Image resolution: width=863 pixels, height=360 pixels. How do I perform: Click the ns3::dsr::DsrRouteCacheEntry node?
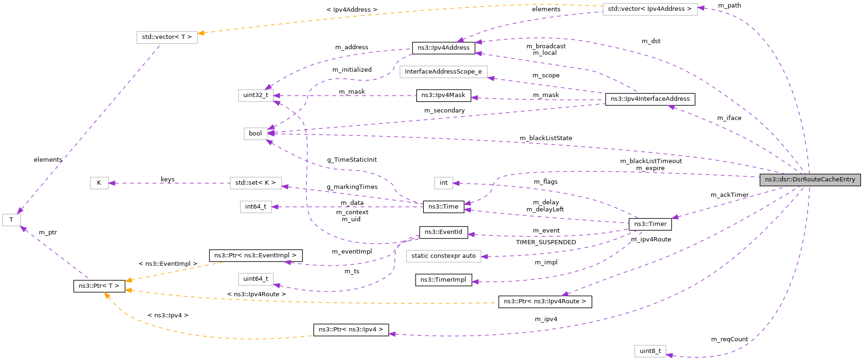pyautogui.click(x=810, y=180)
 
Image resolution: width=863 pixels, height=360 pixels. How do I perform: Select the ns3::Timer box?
pyautogui.click(x=650, y=224)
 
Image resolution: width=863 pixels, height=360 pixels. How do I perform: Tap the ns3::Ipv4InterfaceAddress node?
pyautogui.click(x=650, y=99)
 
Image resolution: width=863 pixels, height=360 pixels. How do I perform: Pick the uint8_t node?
pyautogui.click(x=650, y=351)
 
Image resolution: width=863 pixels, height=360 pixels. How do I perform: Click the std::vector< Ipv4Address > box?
pyautogui.click(x=649, y=9)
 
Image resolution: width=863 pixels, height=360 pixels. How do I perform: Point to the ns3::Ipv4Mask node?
pyautogui.click(x=443, y=95)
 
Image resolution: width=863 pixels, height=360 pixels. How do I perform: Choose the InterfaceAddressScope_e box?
pyautogui.click(x=443, y=72)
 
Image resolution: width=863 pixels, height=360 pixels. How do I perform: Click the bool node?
pyautogui.click(x=255, y=134)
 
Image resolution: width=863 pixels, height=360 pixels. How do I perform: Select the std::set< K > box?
pyautogui.click(x=255, y=183)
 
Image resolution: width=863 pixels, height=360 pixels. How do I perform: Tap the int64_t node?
pyautogui.click(x=255, y=207)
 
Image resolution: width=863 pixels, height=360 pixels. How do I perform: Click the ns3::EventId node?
pyautogui.click(x=443, y=232)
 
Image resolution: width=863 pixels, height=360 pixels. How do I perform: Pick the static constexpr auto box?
pyautogui.click(x=443, y=256)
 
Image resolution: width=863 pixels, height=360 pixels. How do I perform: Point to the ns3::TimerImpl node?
pyautogui.click(x=443, y=280)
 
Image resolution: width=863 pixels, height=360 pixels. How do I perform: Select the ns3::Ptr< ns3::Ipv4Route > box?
pyautogui.click(x=545, y=301)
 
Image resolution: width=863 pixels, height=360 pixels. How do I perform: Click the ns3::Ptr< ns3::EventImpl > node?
pyautogui.click(x=255, y=255)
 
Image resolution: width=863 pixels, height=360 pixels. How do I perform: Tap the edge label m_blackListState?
pyautogui.click(x=546, y=138)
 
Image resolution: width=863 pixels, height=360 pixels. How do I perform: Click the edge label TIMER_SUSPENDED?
pyautogui.click(x=546, y=242)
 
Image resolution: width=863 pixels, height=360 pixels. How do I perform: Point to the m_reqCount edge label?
pyautogui.click(x=729, y=339)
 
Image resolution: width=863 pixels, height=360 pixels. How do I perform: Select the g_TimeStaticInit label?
pyautogui.click(x=352, y=160)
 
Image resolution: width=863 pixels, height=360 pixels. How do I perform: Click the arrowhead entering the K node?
pyautogui.click(x=112, y=183)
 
